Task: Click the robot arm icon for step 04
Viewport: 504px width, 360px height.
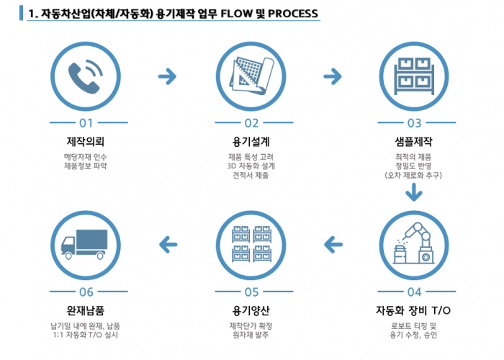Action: click(x=413, y=243)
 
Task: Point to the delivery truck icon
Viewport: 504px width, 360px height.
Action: click(x=86, y=243)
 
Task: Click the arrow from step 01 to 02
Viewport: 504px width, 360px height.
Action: click(x=168, y=75)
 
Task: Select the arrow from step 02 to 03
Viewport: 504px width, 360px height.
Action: click(x=332, y=75)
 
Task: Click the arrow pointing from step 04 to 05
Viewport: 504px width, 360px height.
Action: click(x=332, y=245)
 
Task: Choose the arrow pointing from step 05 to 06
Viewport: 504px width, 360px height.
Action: click(x=168, y=245)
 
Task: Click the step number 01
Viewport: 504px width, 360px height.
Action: click(x=86, y=122)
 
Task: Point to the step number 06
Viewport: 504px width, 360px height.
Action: click(x=86, y=292)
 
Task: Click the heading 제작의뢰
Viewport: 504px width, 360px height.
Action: click(x=86, y=140)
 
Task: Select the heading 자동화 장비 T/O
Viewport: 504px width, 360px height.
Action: click(x=414, y=311)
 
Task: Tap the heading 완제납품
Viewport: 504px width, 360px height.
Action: click(x=86, y=311)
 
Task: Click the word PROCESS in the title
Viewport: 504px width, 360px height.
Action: click(x=288, y=14)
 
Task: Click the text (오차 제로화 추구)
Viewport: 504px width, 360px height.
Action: click(x=414, y=175)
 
